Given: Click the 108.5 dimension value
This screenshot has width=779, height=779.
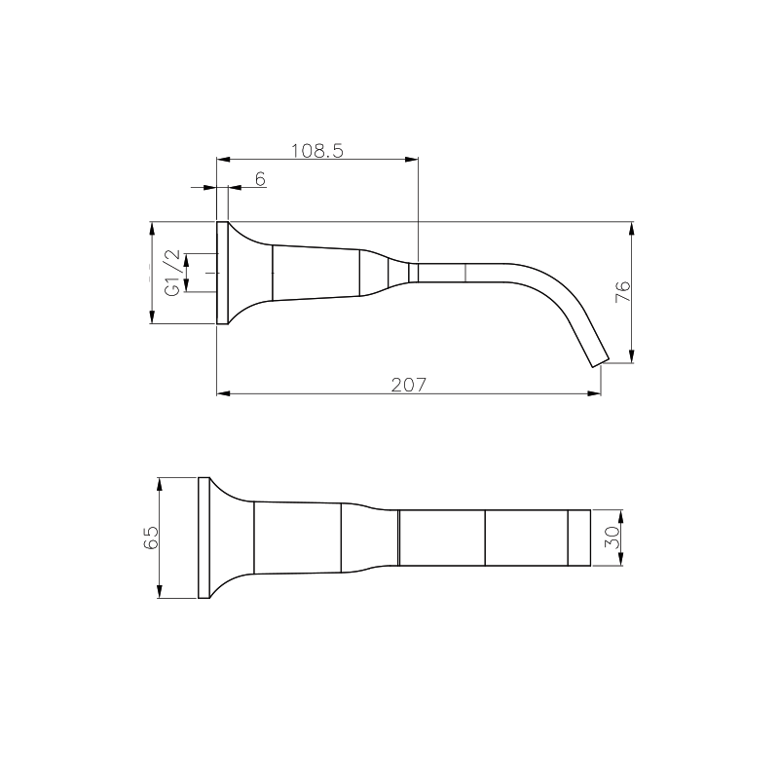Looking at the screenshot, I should click(x=317, y=150).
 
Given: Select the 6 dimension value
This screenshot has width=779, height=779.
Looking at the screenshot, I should click(x=259, y=178).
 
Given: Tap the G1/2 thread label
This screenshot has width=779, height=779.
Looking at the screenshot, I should click(x=172, y=273).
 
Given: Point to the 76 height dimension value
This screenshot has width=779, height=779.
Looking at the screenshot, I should click(x=623, y=292).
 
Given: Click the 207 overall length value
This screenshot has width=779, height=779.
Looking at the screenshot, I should click(x=409, y=385).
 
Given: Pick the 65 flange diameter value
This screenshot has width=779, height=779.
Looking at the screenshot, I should click(x=151, y=538).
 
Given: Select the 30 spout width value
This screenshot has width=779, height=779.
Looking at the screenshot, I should click(x=611, y=538).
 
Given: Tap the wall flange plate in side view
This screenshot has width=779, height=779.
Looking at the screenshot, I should click(x=221, y=273).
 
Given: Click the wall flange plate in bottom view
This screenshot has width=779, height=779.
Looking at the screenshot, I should click(x=204, y=538).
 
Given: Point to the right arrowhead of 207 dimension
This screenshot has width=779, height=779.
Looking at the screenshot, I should click(x=594, y=393).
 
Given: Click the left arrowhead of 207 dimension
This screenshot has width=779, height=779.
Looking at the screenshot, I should click(x=222, y=393).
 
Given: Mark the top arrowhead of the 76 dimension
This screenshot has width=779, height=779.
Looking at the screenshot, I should click(x=633, y=229).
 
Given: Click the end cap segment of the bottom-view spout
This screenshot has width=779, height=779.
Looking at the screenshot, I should click(x=580, y=538).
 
